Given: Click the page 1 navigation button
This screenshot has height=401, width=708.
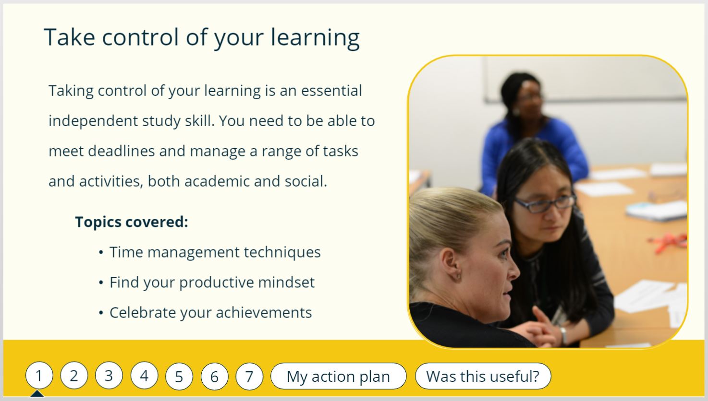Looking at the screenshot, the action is coord(39,376).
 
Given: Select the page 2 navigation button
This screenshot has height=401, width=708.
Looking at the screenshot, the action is coord(74,376).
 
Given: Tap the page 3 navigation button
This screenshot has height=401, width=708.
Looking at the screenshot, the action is coord(109,376).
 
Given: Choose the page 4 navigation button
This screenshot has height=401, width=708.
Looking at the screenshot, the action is coord(144,376).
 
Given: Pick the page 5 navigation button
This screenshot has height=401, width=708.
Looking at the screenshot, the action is coord(179,377).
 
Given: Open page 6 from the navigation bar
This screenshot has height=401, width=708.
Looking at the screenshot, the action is coord(214,377).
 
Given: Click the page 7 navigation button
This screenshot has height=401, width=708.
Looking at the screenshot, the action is coord(249,377).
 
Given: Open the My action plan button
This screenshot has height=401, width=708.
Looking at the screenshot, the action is coord(338,376).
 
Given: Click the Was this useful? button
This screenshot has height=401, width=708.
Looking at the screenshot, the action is coord(483,376).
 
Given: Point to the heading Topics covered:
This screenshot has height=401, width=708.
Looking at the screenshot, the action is coord(132,222).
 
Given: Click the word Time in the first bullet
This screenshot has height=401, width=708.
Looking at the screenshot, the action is coord(126,252).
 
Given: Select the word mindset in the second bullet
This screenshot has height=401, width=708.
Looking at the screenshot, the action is coord(286,282).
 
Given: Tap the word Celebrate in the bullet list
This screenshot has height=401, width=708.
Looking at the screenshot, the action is coord(143,313).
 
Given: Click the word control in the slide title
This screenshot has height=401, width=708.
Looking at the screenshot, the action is coord(140,37).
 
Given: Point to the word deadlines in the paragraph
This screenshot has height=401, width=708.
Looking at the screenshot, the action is coord(122,151).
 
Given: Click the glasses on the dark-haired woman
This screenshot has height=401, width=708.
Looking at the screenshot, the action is coord(544,204).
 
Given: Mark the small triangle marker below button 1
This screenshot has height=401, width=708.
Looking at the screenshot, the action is coord(37,393).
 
